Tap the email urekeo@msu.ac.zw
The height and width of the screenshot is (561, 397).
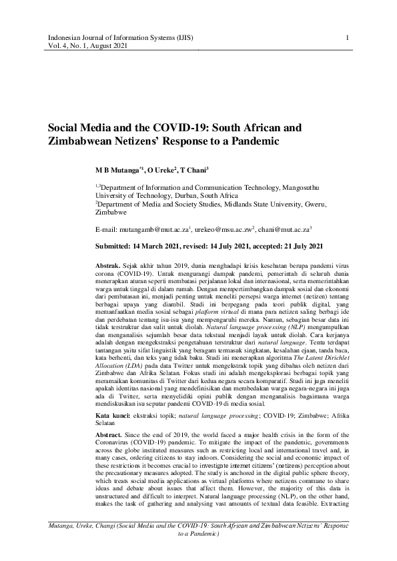click(223, 229)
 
